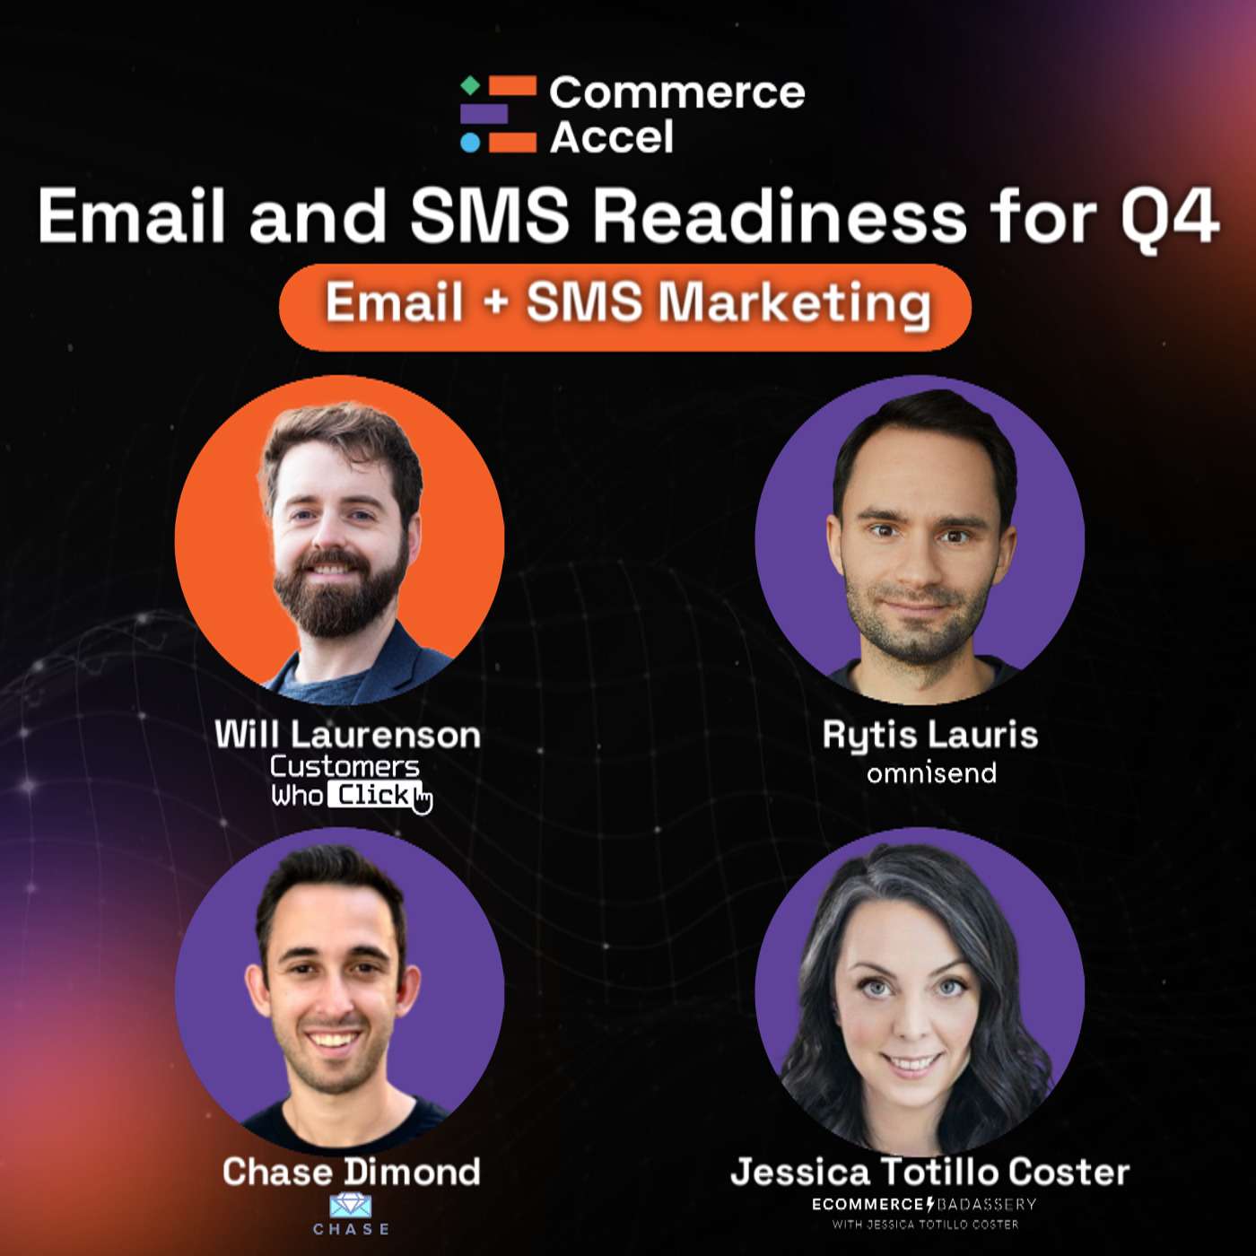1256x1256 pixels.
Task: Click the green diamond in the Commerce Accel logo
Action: click(469, 86)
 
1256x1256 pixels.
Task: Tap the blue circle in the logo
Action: click(470, 143)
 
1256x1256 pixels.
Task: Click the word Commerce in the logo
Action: click(677, 92)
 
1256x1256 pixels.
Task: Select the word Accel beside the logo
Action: click(612, 137)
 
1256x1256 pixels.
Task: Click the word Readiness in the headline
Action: click(780, 217)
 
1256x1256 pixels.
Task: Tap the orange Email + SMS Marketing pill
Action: click(625, 303)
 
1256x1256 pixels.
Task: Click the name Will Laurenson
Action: click(347, 735)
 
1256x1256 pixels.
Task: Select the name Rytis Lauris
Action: click(930, 735)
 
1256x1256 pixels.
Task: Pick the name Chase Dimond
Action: click(351, 1172)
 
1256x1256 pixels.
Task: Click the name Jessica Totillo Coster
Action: click(929, 1172)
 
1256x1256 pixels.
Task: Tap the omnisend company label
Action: click(931, 772)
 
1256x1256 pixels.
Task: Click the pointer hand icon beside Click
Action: click(423, 798)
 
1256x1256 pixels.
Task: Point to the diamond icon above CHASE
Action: click(351, 1205)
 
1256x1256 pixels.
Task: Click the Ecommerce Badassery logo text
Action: click(924, 1205)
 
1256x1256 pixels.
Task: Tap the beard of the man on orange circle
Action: click(339, 597)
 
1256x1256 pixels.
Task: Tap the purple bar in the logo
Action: click(484, 114)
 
